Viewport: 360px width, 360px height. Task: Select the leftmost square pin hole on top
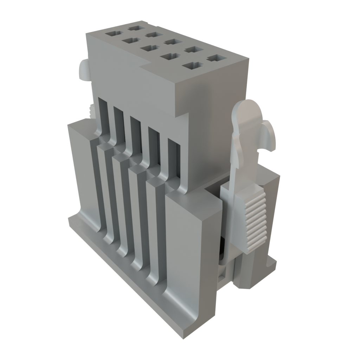point(113,34)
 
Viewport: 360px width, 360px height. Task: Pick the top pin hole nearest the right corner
point(215,58)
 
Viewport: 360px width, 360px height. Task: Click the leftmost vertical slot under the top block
point(102,116)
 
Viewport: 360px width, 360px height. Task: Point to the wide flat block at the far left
point(79,169)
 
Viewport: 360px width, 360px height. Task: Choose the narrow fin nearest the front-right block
point(155,229)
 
